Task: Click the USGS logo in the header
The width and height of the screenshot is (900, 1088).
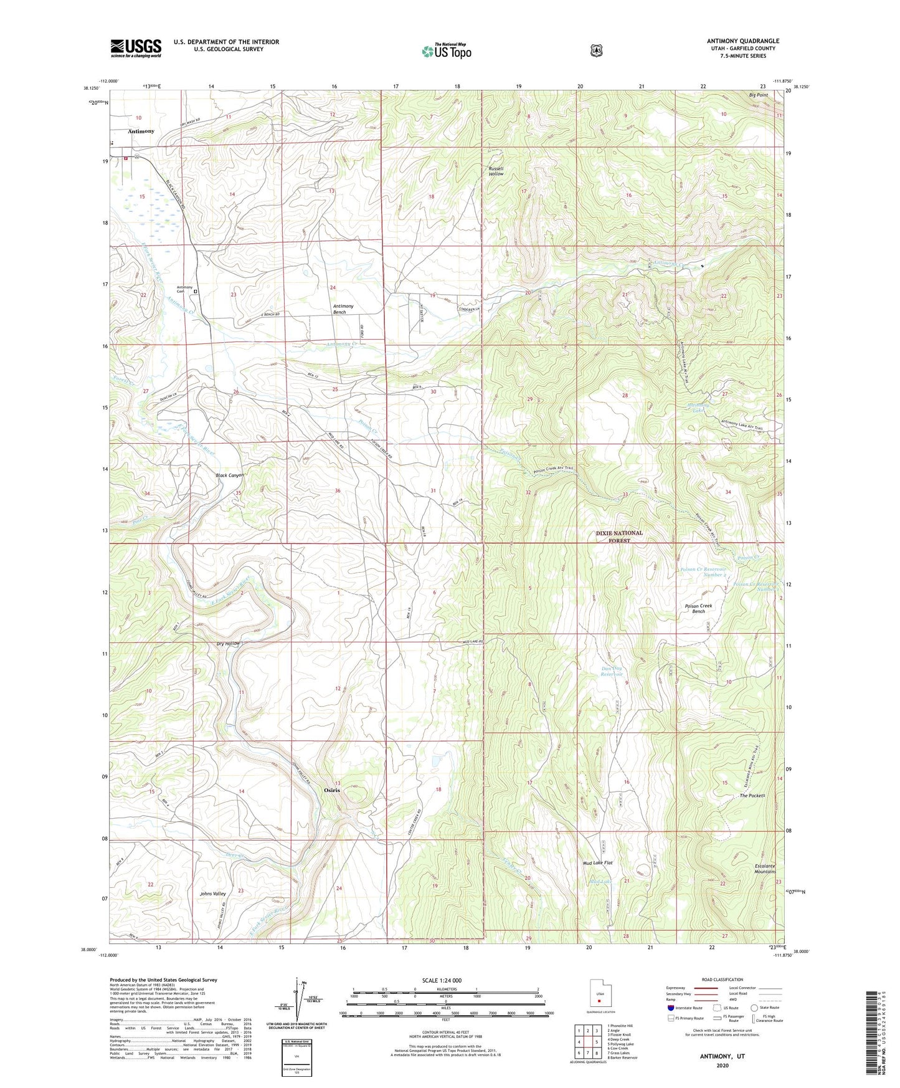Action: [136, 48]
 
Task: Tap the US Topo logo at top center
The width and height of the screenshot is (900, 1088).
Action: [446, 51]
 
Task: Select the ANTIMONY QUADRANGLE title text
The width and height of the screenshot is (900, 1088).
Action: [742, 41]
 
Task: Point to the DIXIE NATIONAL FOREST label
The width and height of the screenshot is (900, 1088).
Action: [618, 537]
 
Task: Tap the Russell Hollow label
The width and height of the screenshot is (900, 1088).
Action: [496, 171]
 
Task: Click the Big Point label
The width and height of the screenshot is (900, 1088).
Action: [758, 95]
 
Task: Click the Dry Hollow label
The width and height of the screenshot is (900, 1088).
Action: [228, 643]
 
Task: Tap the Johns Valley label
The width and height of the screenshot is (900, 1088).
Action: [213, 894]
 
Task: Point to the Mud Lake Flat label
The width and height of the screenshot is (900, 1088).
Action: [598, 863]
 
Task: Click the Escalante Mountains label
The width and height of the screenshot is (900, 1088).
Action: [756, 869]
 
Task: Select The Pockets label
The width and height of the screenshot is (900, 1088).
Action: [752, 796]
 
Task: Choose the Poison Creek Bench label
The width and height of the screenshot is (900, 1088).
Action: [698, 608]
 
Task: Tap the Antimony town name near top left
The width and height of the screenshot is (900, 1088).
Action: [141, 131]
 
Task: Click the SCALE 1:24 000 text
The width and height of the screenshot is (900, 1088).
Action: [442, 980]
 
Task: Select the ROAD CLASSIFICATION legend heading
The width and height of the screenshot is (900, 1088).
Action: [722, 980]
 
